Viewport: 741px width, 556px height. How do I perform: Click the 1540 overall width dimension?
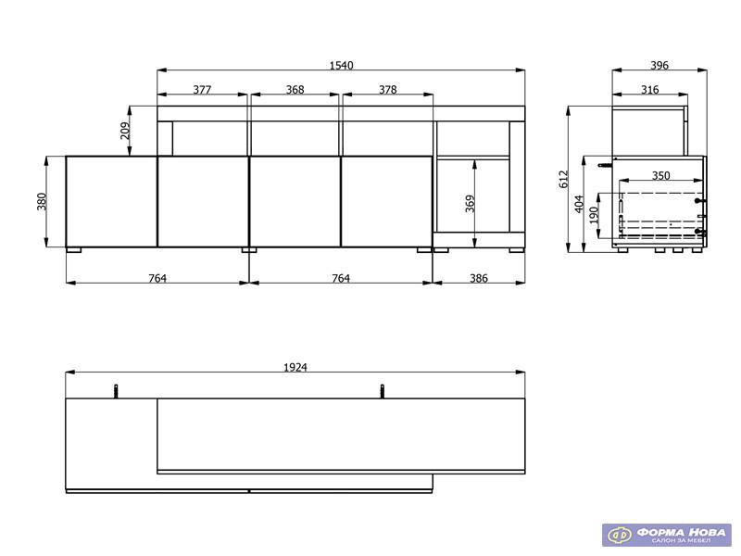click(341, 65)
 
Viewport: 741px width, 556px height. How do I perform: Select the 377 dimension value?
click(202, 89)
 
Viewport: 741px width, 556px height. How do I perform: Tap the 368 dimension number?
click(295, 89)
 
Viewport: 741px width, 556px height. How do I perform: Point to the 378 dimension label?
click(387, 89)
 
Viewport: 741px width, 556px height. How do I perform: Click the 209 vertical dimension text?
click(125, 131)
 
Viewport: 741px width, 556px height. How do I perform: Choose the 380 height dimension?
click(42, 201)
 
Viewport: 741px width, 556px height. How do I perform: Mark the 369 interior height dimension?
click(470, 203)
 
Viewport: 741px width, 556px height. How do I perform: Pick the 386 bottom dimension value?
click(479, 278)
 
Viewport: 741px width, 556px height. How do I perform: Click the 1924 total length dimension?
click(295, 367)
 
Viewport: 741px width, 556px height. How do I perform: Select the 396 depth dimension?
click(659, 65)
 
